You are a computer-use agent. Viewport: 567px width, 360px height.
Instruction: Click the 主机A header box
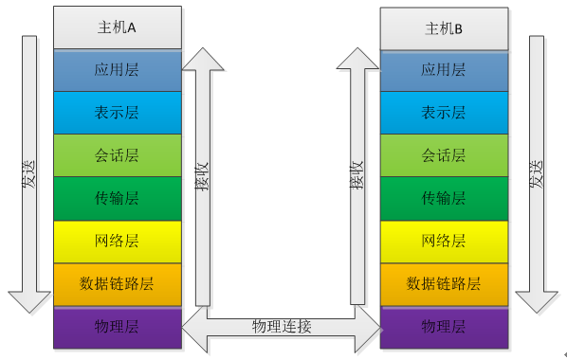(x=117, y=27)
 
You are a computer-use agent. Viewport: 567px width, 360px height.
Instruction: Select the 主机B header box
(x=443, y=28)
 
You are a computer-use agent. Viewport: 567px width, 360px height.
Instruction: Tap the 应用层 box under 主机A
(x=117, y=70)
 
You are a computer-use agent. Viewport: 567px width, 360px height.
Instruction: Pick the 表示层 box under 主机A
(x=117, y=113)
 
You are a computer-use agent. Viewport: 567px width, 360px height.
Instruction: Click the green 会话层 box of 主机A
(x=117, y=155)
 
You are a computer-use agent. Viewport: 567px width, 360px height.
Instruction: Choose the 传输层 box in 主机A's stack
(x=117, y=198)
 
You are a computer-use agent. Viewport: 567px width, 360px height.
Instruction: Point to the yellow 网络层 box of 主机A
(x=117, y=241)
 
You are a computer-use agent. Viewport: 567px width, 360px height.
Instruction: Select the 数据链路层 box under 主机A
(x=117, y=283)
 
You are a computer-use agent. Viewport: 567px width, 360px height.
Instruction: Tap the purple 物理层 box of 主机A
(x=117, y=327)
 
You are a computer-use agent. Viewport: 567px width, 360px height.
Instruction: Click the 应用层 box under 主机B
(x=443, y=70)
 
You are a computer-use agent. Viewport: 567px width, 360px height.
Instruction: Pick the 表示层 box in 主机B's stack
(x=443, y=113)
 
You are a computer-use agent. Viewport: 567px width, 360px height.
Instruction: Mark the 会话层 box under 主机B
(x=443, y=155)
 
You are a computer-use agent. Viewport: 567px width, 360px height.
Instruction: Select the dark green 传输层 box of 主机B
(x=443, y=198)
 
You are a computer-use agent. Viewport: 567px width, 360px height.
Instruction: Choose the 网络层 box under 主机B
(x=443, y=241)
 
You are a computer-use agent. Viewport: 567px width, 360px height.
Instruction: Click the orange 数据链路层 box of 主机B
(x=443, y=283)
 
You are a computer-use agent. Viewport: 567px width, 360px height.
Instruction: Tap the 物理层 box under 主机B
(x=443, y=327)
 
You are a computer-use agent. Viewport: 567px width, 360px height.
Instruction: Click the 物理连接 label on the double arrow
(x=281, y=327)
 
